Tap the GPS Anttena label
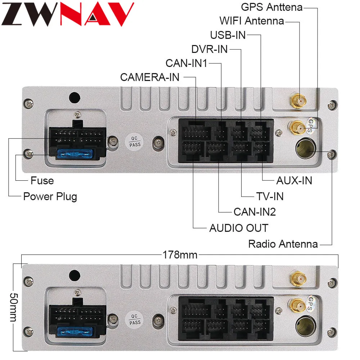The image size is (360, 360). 271,7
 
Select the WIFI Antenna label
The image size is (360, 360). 252,21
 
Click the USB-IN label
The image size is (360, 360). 228,35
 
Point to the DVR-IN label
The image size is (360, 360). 210,49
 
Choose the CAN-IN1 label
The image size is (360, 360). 186,63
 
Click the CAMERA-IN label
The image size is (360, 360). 150,77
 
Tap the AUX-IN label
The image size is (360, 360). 294,180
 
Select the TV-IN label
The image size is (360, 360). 270,196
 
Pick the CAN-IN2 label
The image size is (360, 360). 255,212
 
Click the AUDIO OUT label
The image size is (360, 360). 239,228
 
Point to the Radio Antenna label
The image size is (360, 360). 283,244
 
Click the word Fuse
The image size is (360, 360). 42,180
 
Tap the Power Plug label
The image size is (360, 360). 50,197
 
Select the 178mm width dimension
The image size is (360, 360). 180,255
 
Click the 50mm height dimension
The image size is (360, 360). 13,307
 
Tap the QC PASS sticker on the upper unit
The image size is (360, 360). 135,141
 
